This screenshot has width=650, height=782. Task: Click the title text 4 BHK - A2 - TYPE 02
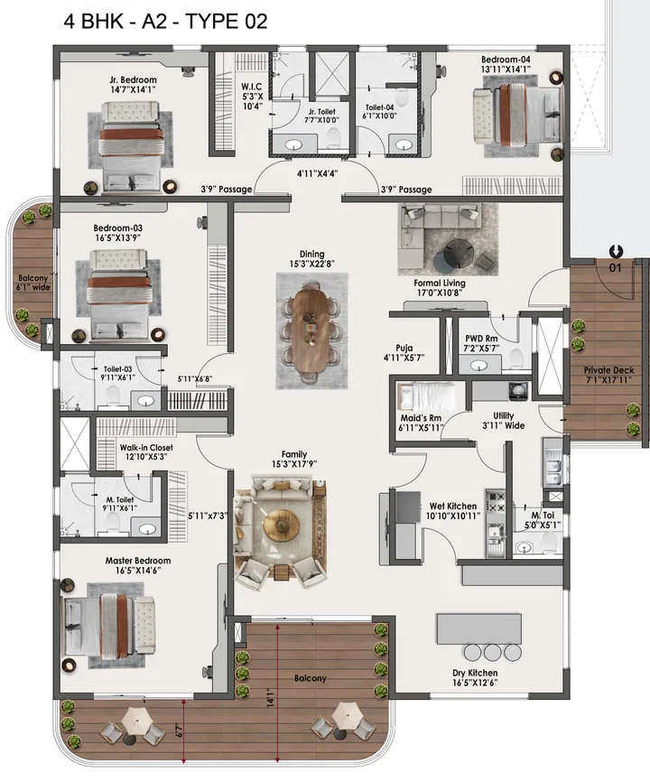point(165,23)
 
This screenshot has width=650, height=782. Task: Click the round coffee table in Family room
point(281,527)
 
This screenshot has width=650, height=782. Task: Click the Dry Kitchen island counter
point(478,628)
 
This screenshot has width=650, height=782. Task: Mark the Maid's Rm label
point(422,418)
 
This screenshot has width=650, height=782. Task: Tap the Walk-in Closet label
point(145,447)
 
